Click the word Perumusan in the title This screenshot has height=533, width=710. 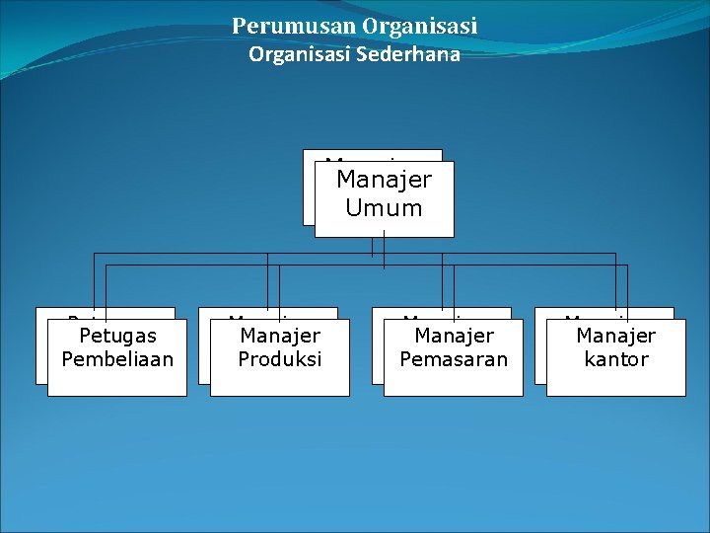click(x=280, y=26)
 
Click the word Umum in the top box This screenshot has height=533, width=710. click(x=385, y=208)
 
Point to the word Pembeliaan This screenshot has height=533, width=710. click(x=117, y=359)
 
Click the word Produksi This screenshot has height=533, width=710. click(x=280, y=359)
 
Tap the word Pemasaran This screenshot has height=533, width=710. click(x=454, y=359)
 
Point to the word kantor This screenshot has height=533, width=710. click(x=616, y=359)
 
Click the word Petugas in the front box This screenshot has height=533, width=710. click(x=117, y=337)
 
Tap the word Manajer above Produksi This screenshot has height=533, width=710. click(x=280, y=337)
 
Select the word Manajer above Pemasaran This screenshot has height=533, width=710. click(x=454, y=337)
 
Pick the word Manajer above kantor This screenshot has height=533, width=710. click(x=616, y=337)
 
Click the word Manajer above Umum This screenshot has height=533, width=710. click(x=385, y=181)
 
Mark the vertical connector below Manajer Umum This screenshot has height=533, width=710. click(x=385, y=252)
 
